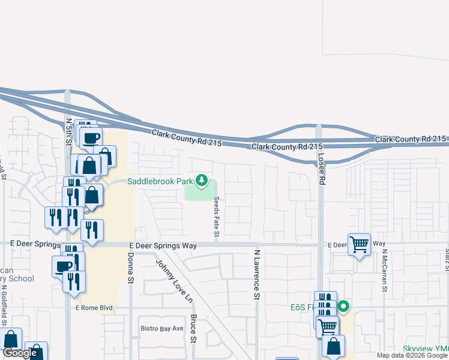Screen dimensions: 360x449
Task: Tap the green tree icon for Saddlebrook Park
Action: point(202,180)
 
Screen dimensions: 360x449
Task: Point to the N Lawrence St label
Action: point(256,275)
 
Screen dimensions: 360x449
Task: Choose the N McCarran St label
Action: point(385,271)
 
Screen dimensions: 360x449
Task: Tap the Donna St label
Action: point(130,267)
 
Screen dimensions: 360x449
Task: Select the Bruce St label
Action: point(193,328)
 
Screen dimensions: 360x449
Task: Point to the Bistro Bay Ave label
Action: point(161,328)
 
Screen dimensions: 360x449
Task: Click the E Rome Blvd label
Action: point(94,308)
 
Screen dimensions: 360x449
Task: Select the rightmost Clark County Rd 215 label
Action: point(411,139)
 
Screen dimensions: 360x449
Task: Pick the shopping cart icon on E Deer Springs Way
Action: point(359,244)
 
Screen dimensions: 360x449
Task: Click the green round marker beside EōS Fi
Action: point(343,307)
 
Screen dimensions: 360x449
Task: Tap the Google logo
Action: point(20,353)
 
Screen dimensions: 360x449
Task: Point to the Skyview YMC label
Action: point(426,348)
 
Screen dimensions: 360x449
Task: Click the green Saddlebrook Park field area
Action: point(198,192)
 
